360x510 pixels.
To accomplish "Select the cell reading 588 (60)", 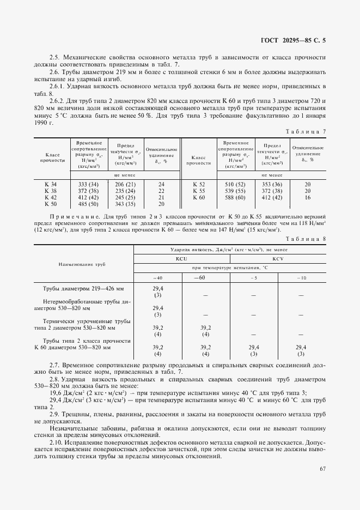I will [235, 198].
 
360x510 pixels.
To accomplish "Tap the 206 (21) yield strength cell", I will [125, 185].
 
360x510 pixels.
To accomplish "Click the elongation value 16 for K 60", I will [308, 198].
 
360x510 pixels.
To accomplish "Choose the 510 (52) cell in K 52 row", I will [235, 185].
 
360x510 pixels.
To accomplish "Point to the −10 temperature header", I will [301, 278].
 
